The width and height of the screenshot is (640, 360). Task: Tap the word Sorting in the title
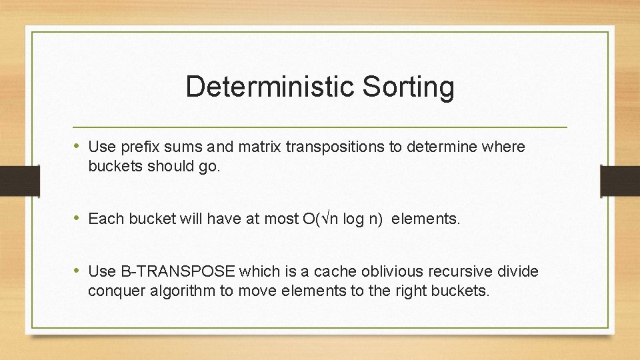[x=408, y=87]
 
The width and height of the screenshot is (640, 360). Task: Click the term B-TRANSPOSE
[x=178, y=271]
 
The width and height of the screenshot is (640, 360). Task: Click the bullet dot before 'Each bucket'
[x=77, y=218]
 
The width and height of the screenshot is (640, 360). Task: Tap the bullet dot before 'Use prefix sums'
[x=77, y=146]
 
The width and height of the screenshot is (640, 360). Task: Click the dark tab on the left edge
[x=13, y=180]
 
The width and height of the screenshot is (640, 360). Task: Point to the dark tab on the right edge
[x=620, y=180]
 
